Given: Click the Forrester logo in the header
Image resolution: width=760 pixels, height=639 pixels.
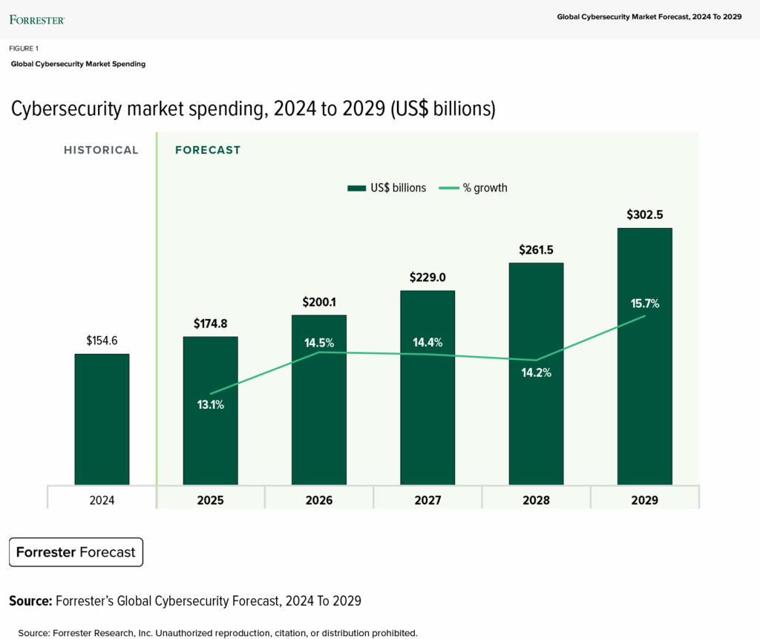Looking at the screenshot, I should tap(37, 19).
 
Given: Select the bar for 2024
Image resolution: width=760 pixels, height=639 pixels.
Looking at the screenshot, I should tap(102, 419).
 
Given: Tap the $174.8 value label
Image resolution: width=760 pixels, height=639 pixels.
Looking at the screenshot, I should tap(210, 324).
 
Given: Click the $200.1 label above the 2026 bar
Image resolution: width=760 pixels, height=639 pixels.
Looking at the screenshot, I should tap(318, 302).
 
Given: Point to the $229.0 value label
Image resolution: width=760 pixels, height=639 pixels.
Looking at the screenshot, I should tap(427, 278).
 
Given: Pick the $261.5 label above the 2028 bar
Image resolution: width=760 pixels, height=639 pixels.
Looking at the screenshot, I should tap(535, 249).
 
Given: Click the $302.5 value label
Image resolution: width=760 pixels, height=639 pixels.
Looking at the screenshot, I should tap(644, 214).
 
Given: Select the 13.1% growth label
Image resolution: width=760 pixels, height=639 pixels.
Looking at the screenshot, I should tap(210, 404).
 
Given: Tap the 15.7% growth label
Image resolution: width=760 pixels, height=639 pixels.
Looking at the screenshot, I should tap(644, 303).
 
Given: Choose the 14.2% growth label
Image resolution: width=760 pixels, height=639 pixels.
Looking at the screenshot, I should tap(535, 373).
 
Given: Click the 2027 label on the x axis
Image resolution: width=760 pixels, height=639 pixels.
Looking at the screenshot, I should tap(427, 500).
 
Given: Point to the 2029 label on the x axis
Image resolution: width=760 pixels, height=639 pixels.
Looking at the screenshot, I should tap(644, 500).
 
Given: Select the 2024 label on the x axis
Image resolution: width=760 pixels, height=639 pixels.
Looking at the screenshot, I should tap(102, 500).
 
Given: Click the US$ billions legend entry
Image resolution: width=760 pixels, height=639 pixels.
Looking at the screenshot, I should tap(387, 188).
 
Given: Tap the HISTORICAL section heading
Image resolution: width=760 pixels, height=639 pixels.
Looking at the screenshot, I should tap(101, 150).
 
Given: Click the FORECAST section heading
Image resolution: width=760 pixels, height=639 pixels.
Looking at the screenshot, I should tap(208, 150).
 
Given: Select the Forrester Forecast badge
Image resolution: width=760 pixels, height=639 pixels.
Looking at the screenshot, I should tap(76, 552).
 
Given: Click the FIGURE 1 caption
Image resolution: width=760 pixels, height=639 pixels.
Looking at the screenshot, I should tap(24, 48).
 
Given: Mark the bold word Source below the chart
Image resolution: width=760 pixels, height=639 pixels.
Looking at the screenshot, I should tap(30, 600).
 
